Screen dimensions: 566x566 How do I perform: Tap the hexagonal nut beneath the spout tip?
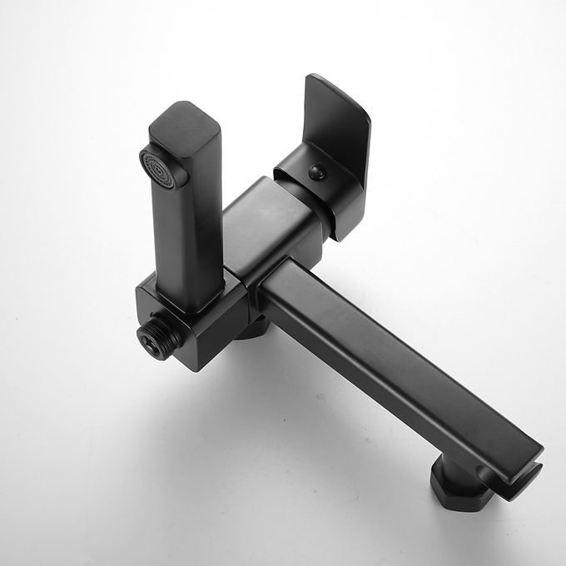(x=458, y=486)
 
